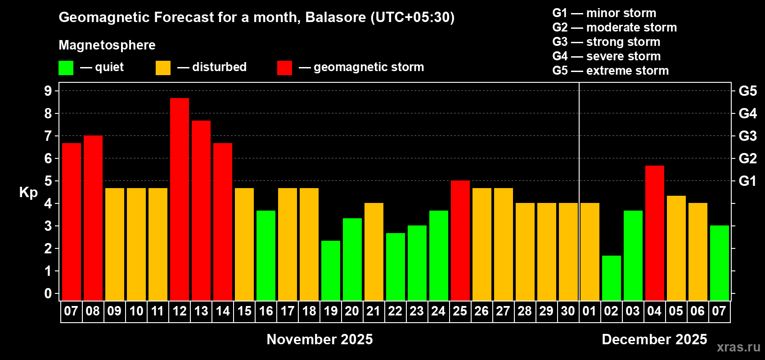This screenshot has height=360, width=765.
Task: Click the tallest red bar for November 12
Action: [x=179, y=199]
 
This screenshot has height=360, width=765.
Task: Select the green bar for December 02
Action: [x=611, y=278]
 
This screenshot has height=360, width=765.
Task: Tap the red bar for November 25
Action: [x=460, y=240]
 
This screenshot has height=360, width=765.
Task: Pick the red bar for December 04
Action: [x=655, y=233]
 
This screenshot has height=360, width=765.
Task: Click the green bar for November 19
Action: [x=331, y=270]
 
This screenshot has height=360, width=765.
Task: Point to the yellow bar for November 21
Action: [x=373, y=252]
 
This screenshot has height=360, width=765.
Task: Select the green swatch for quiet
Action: [x=66, y=67]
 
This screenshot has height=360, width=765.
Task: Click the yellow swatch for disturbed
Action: [x=163, y=67]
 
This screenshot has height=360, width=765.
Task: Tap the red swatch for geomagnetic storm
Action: [x=284, y=67]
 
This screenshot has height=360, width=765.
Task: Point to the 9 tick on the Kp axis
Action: [x=48, y=91]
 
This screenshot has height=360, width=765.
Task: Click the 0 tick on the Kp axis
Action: [x=48, y=293]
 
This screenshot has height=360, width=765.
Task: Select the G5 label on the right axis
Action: [x=747, y=91]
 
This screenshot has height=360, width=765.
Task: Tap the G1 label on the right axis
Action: [x=747, y=181]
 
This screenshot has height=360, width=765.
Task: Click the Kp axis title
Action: [x=28, y=193]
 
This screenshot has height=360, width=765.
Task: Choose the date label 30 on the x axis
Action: [x=568, y=311]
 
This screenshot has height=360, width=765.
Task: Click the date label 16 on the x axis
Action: [x=265, y=311]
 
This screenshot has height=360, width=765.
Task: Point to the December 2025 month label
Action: [x=654, y=339]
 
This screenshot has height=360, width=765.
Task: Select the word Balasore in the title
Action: [x=335, y=18]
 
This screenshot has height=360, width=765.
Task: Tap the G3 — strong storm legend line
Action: [x=606, y=42]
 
